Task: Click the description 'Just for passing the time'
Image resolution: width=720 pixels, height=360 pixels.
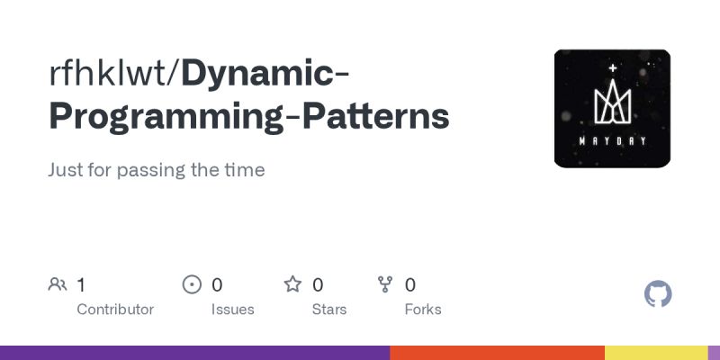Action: coord(157,170)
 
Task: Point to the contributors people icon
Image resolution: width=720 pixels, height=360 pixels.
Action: coord(58,285)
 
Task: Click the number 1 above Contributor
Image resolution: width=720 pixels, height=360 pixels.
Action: coord(81,285)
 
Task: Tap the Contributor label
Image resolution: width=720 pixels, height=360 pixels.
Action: coord(115,310)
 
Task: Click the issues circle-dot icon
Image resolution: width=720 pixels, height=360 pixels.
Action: coord(192,285)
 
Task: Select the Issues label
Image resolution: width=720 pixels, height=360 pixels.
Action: coord(233,310)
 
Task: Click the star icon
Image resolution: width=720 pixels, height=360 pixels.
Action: coord(292,285)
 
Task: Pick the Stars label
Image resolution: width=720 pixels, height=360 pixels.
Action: coord(329,310)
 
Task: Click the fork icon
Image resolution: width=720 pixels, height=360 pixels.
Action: coord(386,285)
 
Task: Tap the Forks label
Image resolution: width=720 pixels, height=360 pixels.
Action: coord(423,310)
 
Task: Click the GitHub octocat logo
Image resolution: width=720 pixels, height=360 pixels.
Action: coord(659,294)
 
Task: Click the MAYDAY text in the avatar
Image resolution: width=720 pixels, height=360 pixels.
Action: coord(612,140)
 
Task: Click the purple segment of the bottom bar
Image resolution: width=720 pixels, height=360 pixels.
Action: coord(194,353)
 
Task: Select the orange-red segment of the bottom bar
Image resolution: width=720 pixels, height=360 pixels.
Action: coord(497,353)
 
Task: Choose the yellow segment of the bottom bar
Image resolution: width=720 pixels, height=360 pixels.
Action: coord(656,353)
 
